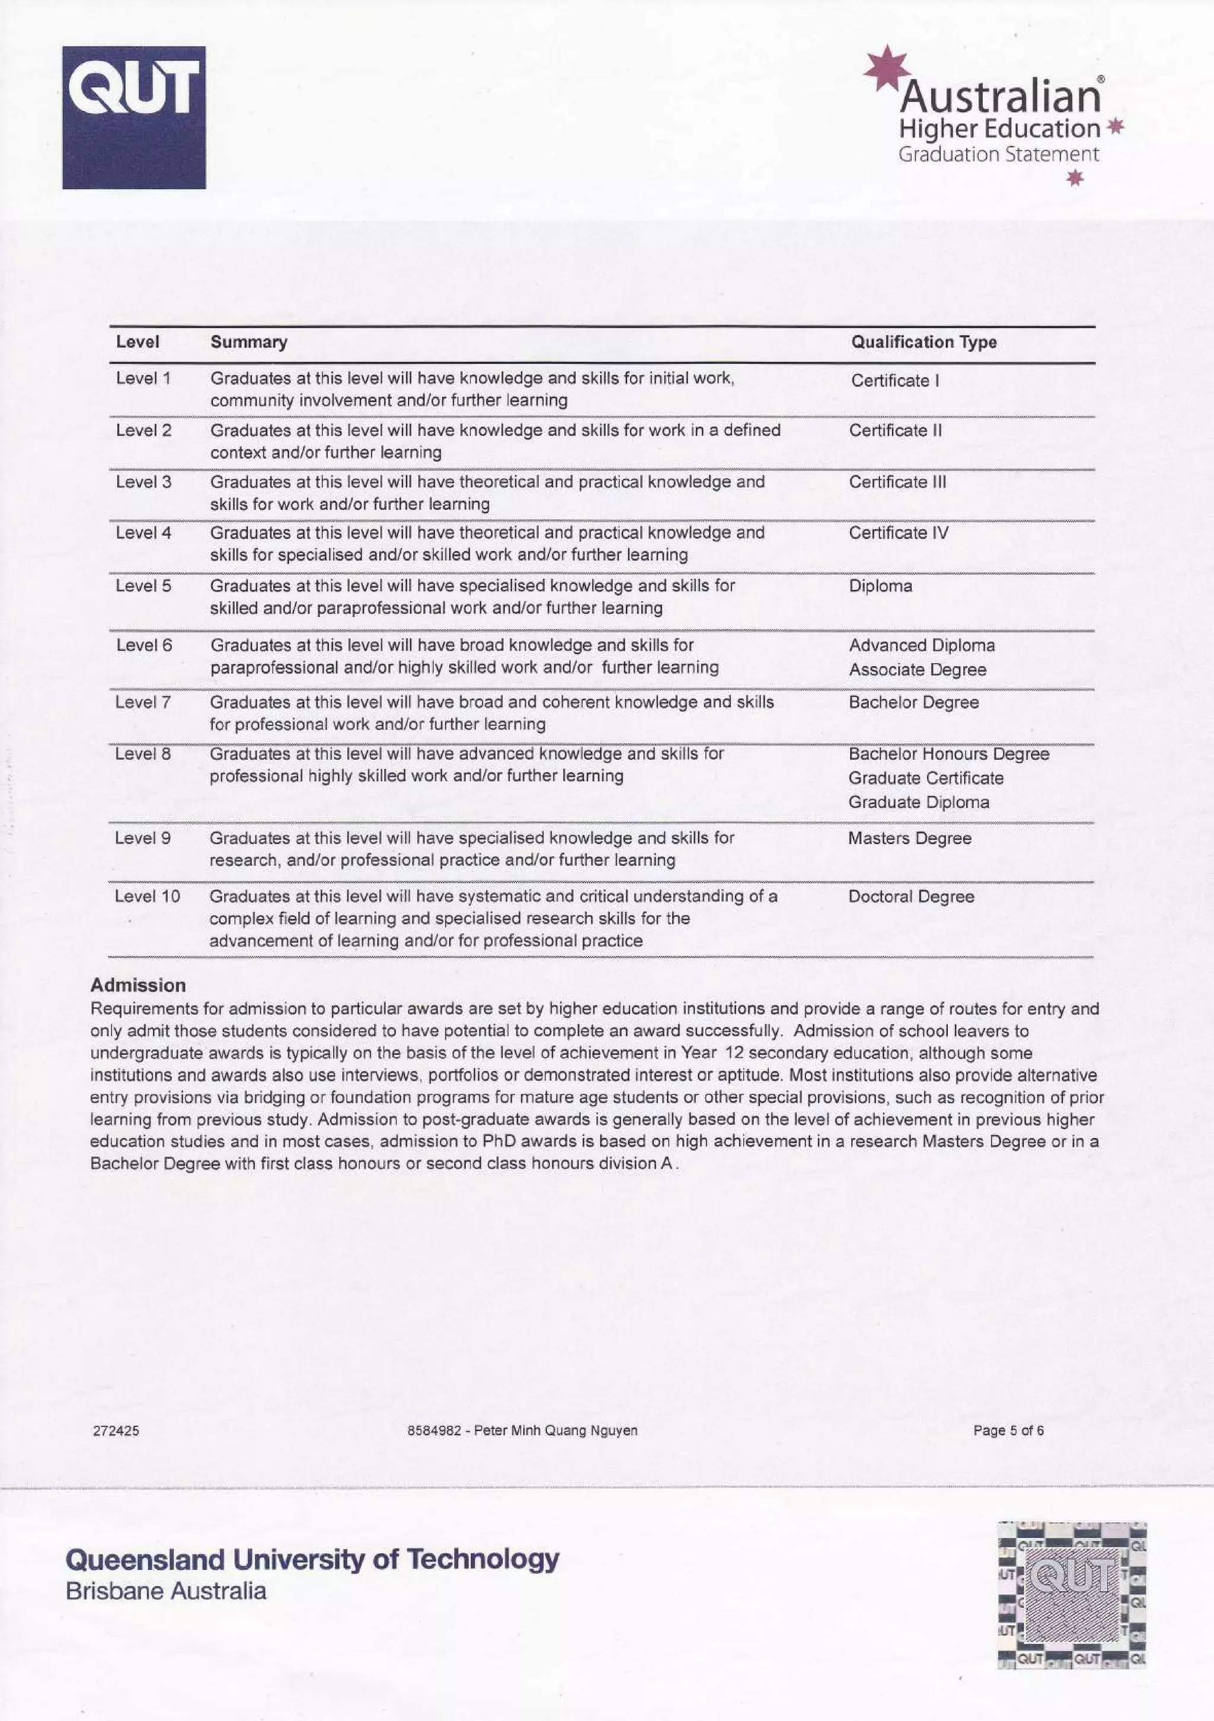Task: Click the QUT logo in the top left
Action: click(x=133, y=118)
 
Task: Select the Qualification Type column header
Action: click(x=923, y=342)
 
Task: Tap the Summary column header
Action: click(x=248, y=342)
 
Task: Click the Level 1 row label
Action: click(x=143, y=379)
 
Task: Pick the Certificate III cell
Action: click(x=897, y=482)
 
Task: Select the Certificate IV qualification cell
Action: click(x=897, y=533)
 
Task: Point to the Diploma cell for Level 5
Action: click(x=880, y=586)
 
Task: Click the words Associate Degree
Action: click(x=917, y=670)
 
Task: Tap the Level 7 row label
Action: click(x=142, y=702)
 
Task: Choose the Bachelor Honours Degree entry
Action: click(x=948, y=754)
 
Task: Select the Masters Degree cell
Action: click(x=909, y=839)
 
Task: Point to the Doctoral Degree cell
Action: click(x=911, y=897)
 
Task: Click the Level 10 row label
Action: click(x=147, y=897)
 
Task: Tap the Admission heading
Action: click(x=138, y=986)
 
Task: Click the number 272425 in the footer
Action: click(x=116, y=1431)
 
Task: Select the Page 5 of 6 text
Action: click(x=1008, y=1431)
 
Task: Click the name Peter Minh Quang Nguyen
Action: click(x=555, y=1431)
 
